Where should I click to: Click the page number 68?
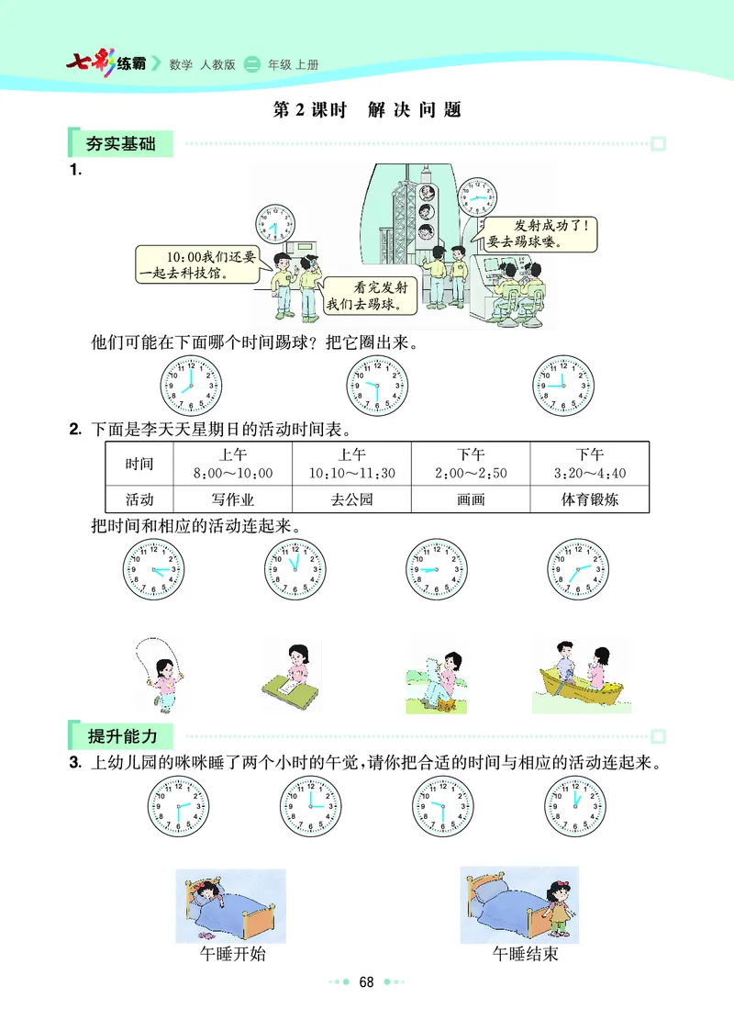tap(367, 982)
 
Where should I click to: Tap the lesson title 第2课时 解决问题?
tap(367, 110)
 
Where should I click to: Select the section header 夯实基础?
tap(120, 144)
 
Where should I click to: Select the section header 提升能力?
tap(120, 736)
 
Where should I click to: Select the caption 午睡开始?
tap(232, 954)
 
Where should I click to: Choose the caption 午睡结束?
tap(525, 954)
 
